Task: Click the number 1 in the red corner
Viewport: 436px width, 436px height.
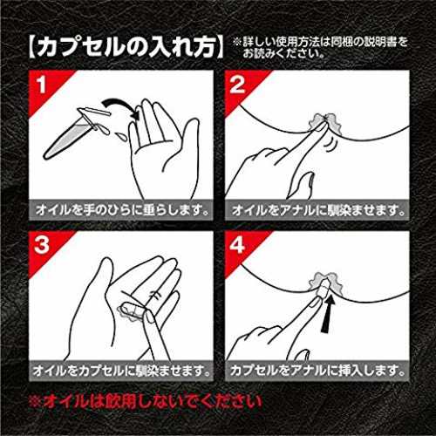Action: tap(42, 85)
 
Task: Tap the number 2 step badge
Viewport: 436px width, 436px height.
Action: tap(237, 85)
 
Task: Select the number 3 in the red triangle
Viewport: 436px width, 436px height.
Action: tap(42, 245)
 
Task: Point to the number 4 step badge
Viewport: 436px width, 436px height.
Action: tap(237, 245)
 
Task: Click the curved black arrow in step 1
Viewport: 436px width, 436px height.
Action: tap(120, 104)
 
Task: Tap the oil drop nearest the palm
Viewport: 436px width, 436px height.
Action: tap(121, 137)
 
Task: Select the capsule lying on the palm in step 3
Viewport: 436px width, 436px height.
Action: tap(132, 311)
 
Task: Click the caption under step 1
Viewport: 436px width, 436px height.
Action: tap(122, 210)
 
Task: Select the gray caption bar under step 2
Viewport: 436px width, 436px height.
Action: tap(317, 210)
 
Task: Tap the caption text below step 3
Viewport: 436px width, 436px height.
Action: tap(121, 371)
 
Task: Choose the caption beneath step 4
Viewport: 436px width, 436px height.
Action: tap(317, 371)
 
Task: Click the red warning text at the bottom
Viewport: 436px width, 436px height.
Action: tap(146, 402)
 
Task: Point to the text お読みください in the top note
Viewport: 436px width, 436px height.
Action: tap(283, 53)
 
